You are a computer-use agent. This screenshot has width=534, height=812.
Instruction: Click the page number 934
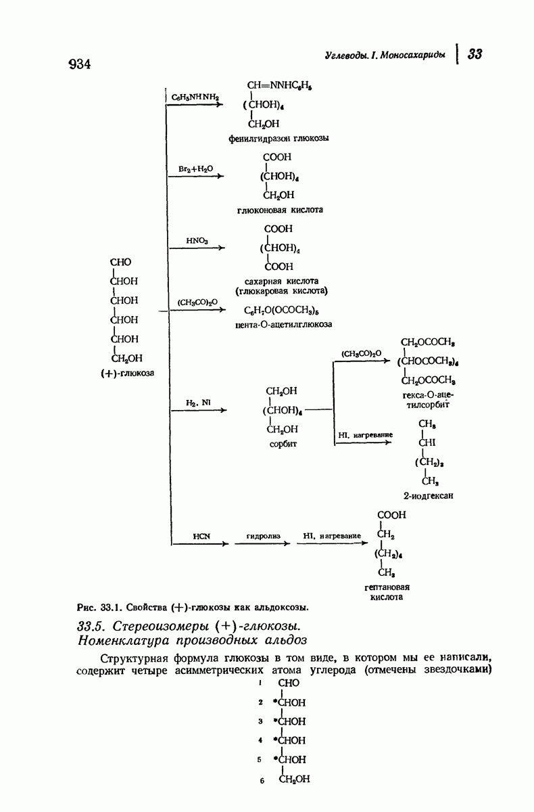coord(79,64)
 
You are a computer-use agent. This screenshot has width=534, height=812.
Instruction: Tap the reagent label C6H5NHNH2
coord(196,97)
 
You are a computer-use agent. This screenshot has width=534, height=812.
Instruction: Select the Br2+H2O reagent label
coord(195,168)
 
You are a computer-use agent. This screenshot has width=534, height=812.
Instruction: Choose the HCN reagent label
coord(202,535)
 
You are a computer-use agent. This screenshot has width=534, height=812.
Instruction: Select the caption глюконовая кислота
coord(280,210)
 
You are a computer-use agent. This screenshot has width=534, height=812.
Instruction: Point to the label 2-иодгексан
coord(427,495)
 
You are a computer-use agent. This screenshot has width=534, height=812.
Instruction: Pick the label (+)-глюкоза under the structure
coord(127,373)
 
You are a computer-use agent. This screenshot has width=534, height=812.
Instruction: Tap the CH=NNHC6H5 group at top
coord(278,86)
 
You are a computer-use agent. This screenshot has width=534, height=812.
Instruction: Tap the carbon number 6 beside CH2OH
coord(260,781)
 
